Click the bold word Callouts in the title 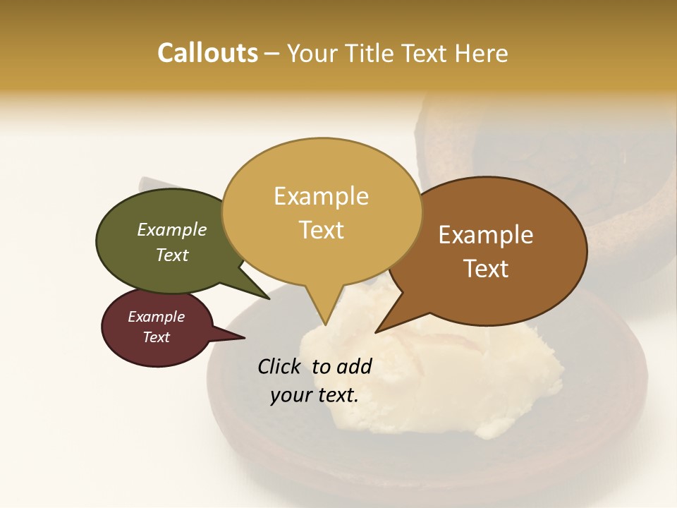207,53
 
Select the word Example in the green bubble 172,229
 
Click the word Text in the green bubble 172,255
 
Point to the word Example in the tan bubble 321,196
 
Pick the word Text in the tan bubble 321,230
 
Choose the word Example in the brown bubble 486,235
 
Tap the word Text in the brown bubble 486,269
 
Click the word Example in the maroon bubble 156,317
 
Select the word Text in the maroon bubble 156,337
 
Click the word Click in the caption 281,366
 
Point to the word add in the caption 354,366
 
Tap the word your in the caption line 288,395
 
